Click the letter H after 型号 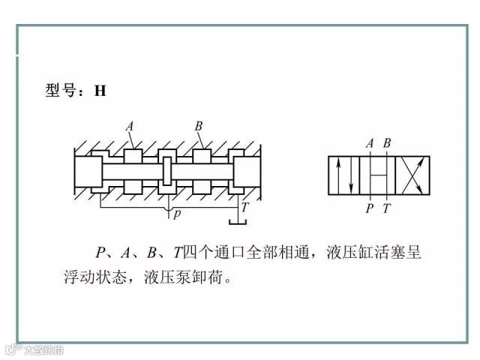[100, 91]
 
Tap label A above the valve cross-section [130, 126]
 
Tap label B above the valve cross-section [199, 126]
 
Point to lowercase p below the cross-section [177, 214]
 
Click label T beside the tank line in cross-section [245, 207]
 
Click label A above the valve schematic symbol [370, 143]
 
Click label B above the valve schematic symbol [387, 143]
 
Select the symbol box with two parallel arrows [345, 176]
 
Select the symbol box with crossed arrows [412, 176]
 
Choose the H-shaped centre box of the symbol [379, 176]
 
